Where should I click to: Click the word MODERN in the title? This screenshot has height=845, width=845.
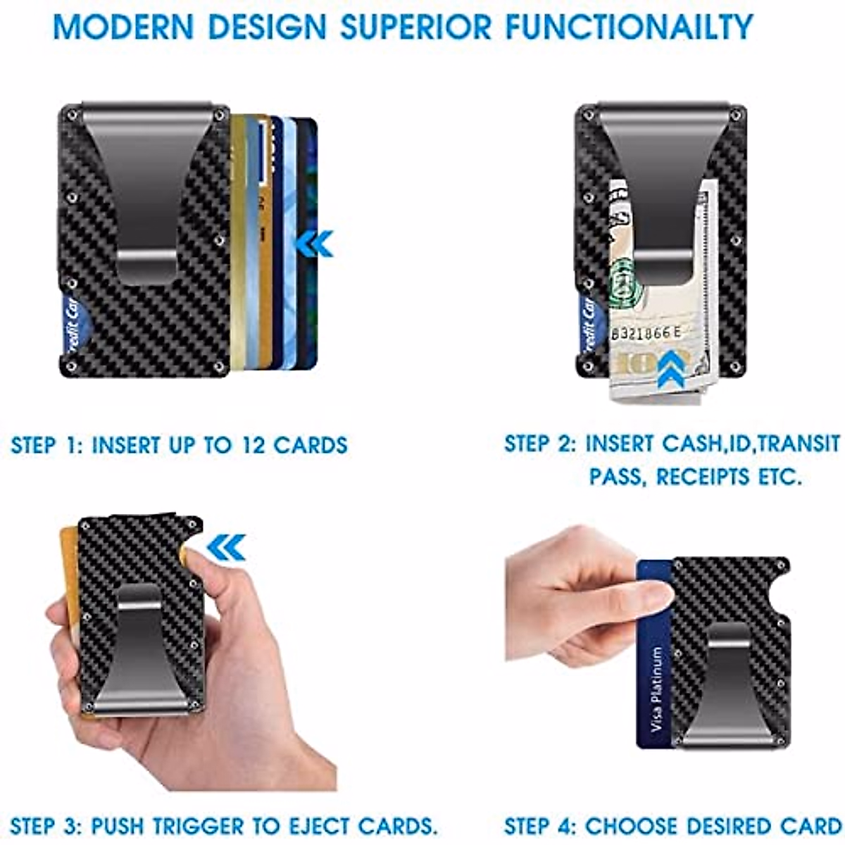click(124, 27)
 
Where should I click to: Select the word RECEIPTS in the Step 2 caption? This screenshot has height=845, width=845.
click(706, 477)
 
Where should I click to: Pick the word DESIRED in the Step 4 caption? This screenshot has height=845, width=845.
click(732, 825)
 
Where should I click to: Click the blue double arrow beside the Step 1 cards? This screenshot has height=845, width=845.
click(313, 244)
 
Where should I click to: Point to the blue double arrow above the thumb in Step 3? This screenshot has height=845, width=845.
click(227, 547)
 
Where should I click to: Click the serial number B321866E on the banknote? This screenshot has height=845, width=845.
click(646, 333)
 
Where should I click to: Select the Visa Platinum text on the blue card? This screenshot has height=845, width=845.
click(657, 689)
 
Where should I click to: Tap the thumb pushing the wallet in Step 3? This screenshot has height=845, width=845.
click(201, 563)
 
